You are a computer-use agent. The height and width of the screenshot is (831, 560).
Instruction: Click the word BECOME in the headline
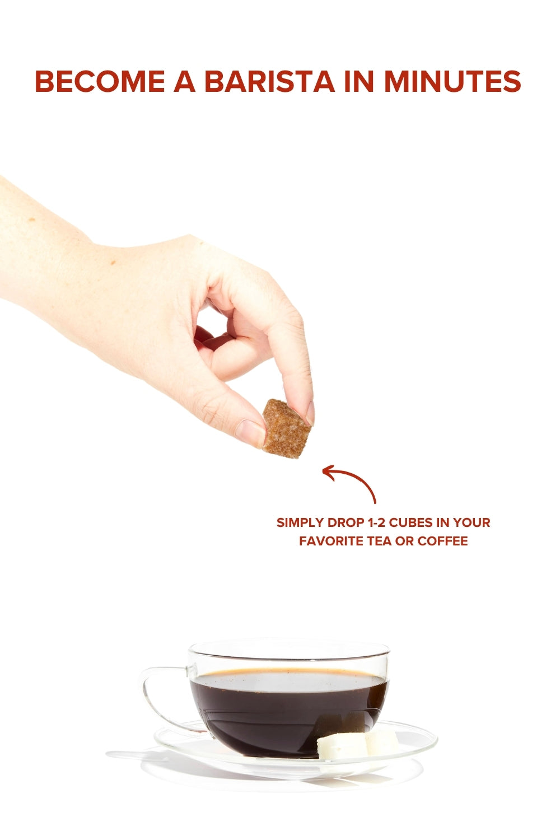click(x=100, y=81)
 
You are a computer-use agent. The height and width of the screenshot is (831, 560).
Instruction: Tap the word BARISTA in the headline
click(x=270, y=81)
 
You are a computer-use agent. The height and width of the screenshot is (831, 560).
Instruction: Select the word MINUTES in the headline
click(x=452, y=81)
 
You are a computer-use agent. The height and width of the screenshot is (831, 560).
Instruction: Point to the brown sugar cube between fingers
click(x=287, y=428)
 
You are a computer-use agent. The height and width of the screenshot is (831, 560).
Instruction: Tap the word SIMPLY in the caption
click(x=300, y=522)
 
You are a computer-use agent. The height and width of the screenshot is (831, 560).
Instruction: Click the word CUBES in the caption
click(x=411, y=522)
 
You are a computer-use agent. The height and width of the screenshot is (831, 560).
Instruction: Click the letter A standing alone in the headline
click(x=185, y=81)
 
